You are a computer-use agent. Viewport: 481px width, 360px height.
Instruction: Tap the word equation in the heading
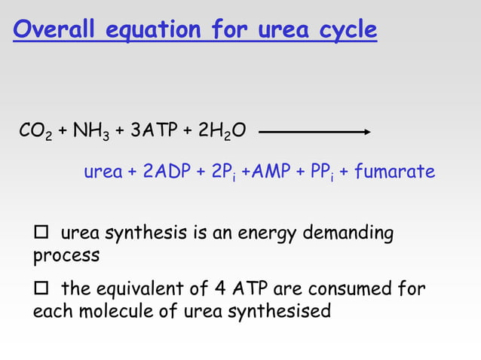tap(153, 30)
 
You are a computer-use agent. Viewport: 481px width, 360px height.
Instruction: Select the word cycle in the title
tap(345, 30)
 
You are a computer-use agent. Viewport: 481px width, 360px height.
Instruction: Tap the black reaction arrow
tap(315, 132)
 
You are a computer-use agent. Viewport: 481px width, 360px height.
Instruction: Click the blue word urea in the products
tap(103, 172)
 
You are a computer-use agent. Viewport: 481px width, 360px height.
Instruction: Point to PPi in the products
tap(317, 173)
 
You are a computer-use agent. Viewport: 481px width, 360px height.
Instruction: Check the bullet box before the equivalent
tap(41, 289)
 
